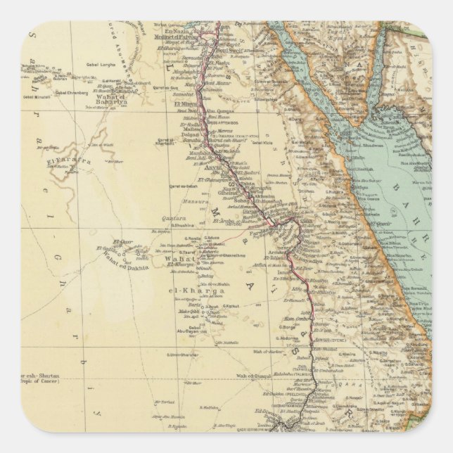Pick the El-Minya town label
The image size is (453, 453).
click(x=185, y=103)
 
